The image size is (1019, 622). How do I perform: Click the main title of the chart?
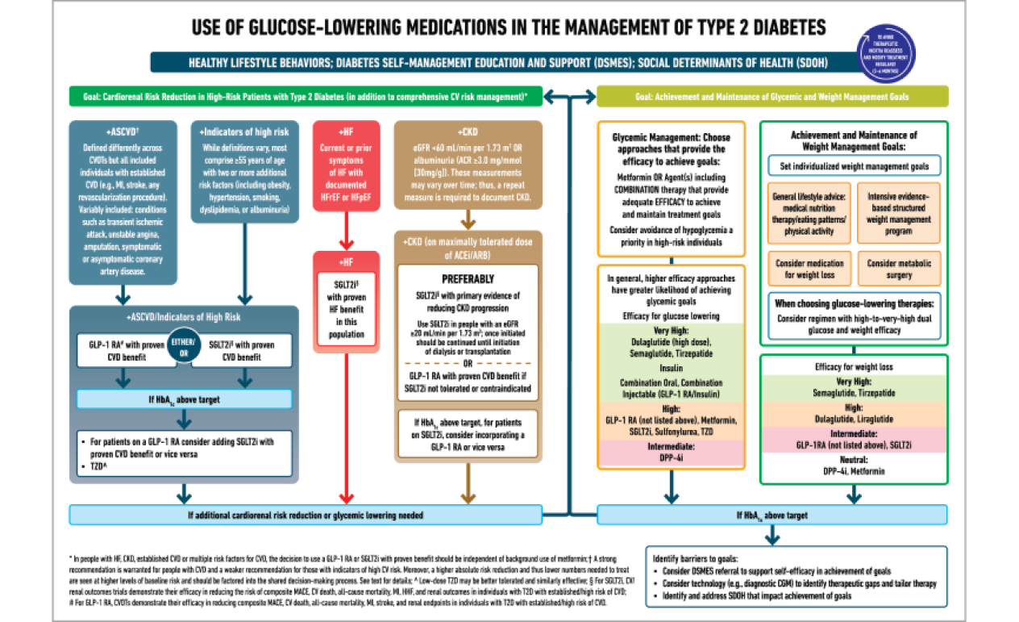click(509, 28)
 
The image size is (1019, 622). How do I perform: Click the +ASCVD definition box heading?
click(123, 131)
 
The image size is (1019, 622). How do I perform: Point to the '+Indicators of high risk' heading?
click(243, 131)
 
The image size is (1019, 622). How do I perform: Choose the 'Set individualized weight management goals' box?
click(854, 166)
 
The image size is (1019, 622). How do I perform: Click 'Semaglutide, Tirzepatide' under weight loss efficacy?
click(853, 392)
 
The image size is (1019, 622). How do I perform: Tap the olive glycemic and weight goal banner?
click(772, 97)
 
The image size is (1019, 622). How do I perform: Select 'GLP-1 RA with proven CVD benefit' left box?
click(126, 350)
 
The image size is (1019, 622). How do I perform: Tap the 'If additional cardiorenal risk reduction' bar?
click(305, 514)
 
